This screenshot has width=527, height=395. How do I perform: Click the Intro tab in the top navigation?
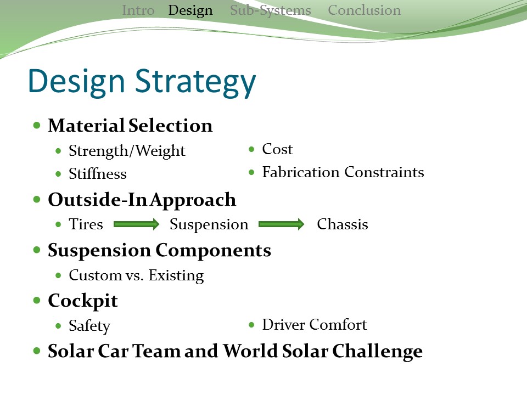(138, 10)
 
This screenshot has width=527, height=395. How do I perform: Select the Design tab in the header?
(190, 10)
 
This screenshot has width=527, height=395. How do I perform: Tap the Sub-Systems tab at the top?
(270, 10)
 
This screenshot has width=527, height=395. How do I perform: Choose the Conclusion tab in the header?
(364, 10)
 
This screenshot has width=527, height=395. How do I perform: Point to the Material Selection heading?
(130, 126)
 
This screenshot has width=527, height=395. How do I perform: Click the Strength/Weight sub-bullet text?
(127, 151)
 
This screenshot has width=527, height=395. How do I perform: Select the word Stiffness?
(98, 174)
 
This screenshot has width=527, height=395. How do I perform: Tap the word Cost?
(277, 149)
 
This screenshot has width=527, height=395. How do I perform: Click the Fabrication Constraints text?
(343, 172)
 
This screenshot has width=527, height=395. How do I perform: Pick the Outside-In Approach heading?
(142, 200)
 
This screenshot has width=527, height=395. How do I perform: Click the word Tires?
(86, 224)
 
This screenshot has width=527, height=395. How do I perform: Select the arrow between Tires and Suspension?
(136, 224)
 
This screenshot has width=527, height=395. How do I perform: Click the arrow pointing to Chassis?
(281, 224)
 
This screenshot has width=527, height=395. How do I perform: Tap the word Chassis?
(343, 224)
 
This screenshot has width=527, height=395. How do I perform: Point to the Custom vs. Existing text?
(136, 275)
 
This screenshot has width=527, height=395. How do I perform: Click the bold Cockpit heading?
(83, 301)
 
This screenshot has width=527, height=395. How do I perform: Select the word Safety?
(89, 326)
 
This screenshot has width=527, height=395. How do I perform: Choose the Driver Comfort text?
(314, 325)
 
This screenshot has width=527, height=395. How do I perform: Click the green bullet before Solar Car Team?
(37, 351)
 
